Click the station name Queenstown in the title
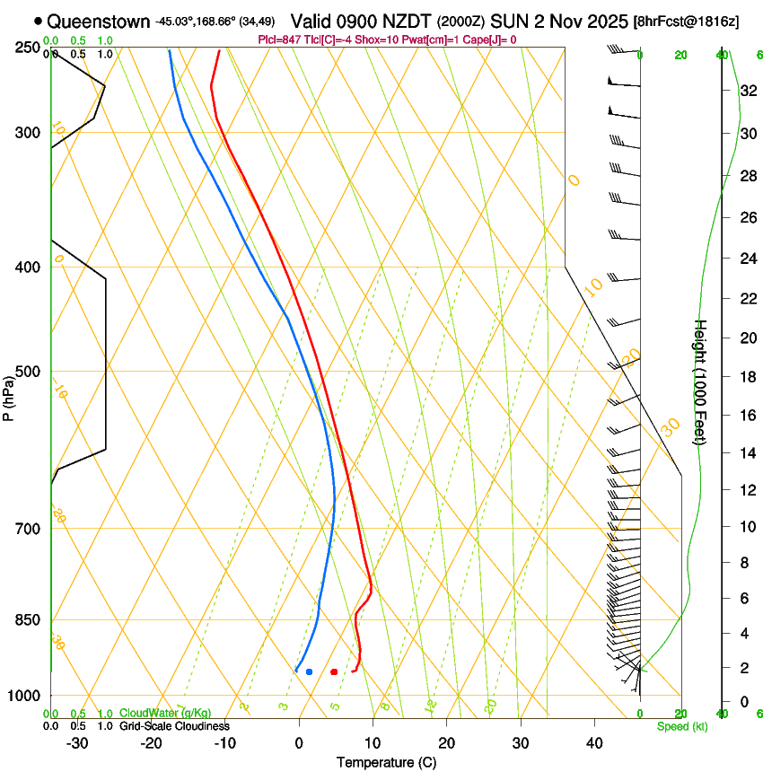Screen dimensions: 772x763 [x=99, y=21]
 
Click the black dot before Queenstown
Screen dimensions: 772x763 [x=38, y=21]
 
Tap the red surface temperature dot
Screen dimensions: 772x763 [x=334, y=671]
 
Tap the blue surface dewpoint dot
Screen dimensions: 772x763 [x=309, y=671]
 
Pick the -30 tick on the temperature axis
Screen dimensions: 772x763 [x=77, y=743]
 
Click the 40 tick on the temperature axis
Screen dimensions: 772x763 [x=594, y=743]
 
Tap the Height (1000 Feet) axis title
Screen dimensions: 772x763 [x=701, y=382]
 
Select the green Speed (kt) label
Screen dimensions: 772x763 [x=681, y=726]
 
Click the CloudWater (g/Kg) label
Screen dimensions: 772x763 [x=165, y=714]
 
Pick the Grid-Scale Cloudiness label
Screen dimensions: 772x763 [x=174, y=726]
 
